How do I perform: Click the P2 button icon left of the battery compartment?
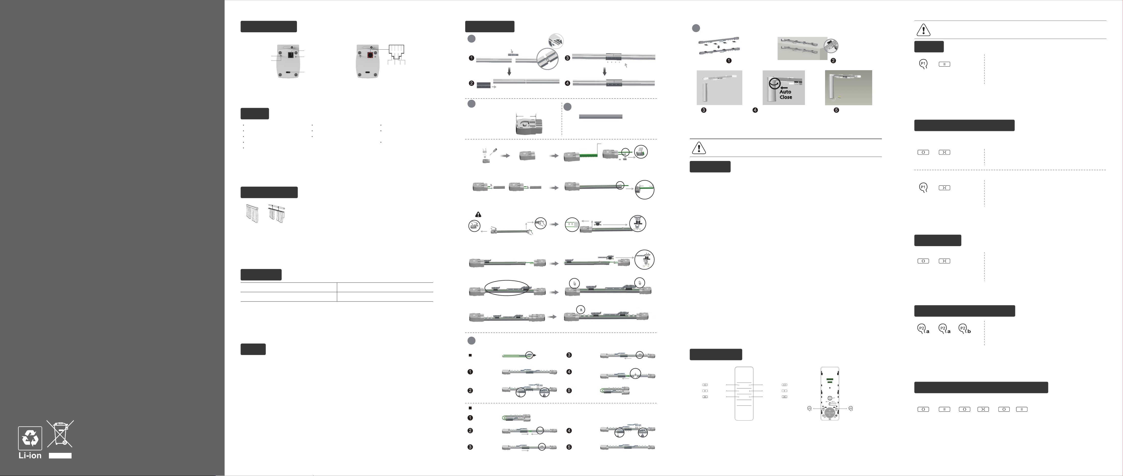coord(809,409)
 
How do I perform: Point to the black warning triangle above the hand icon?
coord(478,214)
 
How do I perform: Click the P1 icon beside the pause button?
coord(923,64)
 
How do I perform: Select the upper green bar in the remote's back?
coord(830,379)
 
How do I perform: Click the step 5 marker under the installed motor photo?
coord(836,110)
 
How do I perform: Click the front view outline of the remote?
coord(744,394)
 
